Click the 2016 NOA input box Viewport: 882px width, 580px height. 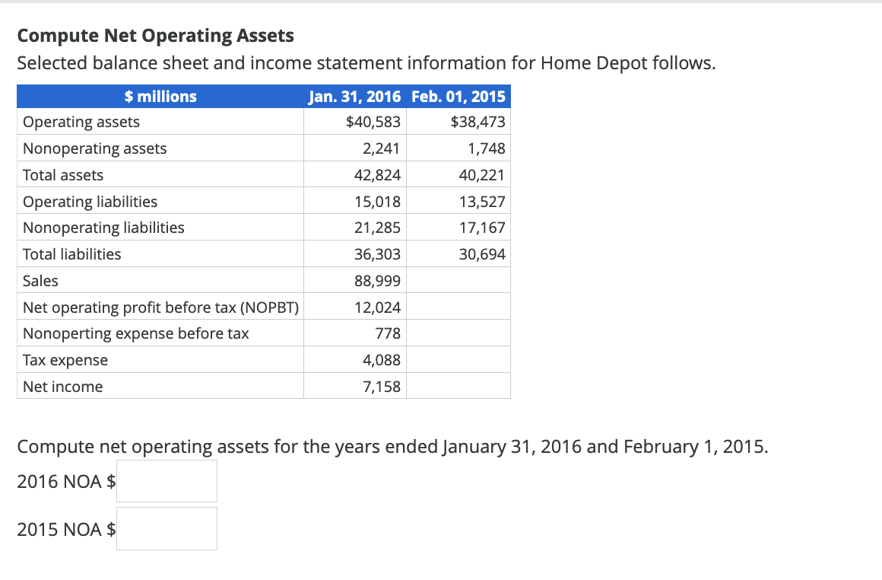pos(167,481)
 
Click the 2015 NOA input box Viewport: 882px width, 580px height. pos(167,528)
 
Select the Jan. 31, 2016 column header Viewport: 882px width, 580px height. pos(355,97)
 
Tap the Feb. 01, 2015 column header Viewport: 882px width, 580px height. pos(458,97)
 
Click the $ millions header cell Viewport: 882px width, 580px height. pos(160,97)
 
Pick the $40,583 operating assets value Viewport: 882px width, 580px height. pos(373,122)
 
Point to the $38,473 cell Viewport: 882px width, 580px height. pos(477,122)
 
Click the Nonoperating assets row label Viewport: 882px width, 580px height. pos(95,148)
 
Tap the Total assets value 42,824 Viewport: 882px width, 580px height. pos(377,175)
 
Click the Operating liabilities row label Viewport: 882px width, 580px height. pos(90,202)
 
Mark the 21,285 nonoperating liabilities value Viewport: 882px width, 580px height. pos(377,228)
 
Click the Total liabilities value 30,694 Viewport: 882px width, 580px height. pos(482,254)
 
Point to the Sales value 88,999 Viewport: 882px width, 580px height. pos(377,281)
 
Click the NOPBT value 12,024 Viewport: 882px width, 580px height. pos(377,308)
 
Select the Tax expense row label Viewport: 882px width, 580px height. pos(65,360)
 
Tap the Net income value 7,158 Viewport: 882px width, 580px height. pos(382,387)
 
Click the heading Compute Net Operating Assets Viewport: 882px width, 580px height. pos(155,36)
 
